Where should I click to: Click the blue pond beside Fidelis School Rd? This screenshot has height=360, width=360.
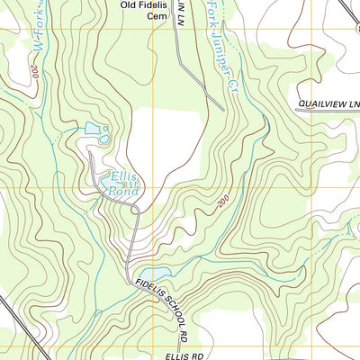tap(153, 273)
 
